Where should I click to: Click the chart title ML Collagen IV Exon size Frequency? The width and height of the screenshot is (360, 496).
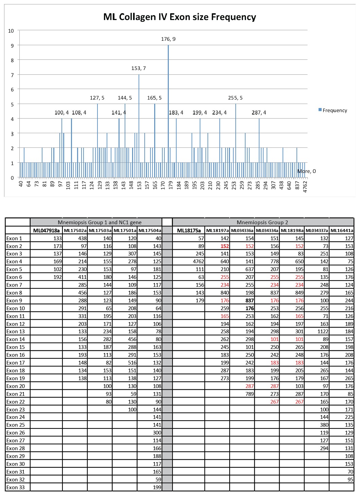[x=179, y=17]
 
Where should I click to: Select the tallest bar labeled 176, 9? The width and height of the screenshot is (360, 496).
[x=168, y=112]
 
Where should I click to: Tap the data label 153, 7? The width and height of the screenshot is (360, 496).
[x=139, y=68]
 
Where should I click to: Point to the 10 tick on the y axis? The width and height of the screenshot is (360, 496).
[x=11, y=31]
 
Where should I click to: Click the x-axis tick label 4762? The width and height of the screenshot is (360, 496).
[x=305, y=187]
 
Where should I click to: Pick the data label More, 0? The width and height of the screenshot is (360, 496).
[x=306, y=171]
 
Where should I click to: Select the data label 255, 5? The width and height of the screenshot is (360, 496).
[x=235, y=98]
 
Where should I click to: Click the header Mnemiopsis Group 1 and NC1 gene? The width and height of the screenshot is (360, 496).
[x=100, y=223]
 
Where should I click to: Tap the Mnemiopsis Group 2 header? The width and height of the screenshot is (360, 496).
[x=262, y=223]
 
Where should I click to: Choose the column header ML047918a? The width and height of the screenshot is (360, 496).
[x=46, y=230]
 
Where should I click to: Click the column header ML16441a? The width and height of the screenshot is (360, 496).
[x=342, y=230]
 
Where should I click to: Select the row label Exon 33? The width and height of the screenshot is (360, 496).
[x=16, y=488]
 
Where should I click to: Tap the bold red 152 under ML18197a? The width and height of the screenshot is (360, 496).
[x=224, y=246]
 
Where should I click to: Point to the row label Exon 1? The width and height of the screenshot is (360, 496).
[x=14, y=238]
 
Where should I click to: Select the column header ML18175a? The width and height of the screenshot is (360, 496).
[x=189, y=230]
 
